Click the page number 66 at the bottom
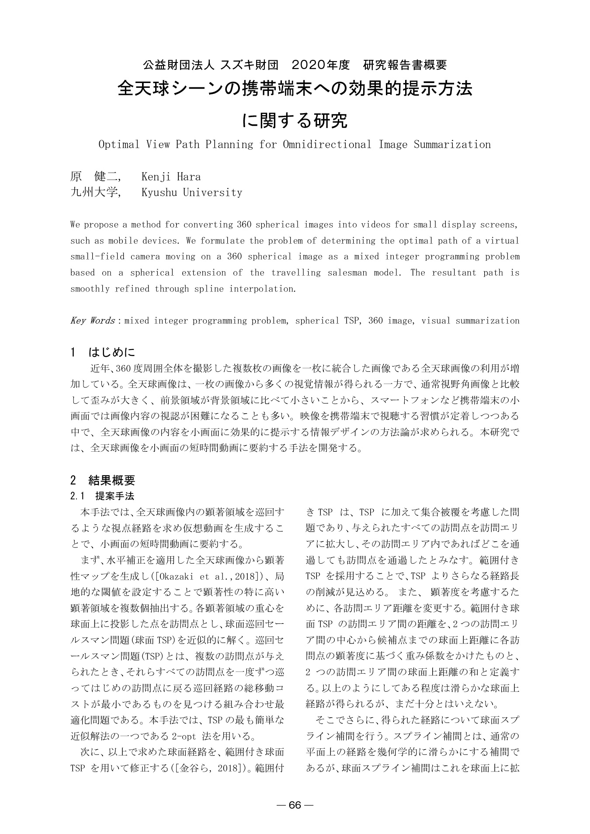click(x=295, y=805)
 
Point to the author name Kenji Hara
click(x=171, y=177)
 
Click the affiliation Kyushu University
click(x=191, y=193)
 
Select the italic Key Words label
click(x=92, y=321)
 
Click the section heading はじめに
click(x=112, y=352)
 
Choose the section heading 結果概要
click(x=112, y=481)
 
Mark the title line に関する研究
click(x=295, y=120)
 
